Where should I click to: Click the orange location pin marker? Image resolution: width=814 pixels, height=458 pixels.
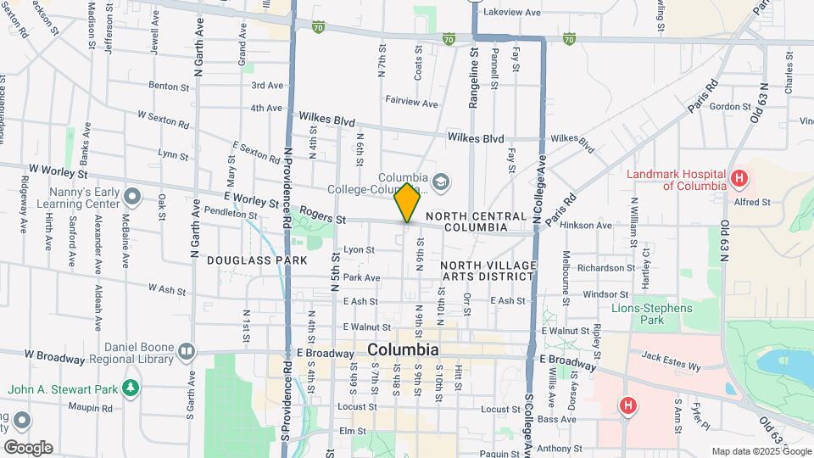coord(407,203)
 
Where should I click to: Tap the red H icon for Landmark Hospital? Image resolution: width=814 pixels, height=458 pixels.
coord(740,178)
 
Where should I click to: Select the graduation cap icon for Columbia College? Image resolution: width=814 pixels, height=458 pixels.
coord(440,181)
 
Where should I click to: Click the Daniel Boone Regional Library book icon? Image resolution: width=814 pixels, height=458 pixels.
coord(186,350)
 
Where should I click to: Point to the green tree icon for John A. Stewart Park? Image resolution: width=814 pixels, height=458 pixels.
coord(130,388)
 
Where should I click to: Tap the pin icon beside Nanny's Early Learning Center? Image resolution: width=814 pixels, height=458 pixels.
coord(131,197)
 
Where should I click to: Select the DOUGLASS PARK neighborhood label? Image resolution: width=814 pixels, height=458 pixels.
coord(245,260)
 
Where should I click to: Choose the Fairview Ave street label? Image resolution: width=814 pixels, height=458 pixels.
coord(411,103)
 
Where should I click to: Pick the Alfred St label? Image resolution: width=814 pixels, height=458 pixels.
coord(753,203)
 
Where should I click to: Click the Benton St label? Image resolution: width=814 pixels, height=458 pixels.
coord(168,86)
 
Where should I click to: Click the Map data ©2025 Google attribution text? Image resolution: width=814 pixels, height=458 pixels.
coord(761,450)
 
